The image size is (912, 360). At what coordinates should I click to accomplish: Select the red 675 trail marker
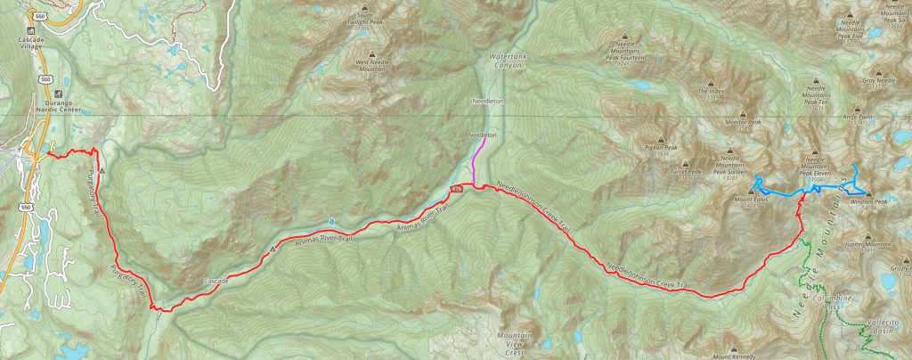click(x=457, y=189)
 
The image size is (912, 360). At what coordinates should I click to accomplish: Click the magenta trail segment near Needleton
click(x=476, y=161)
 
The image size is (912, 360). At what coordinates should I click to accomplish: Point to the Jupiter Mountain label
click(x=871, y=243)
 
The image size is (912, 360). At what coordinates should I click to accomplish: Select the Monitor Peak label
click(x=743, y=122)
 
